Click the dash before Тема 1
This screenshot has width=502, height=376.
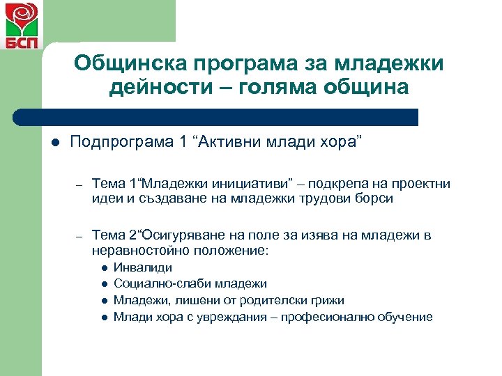[80, 185]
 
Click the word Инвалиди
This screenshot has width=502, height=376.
[142, 267]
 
